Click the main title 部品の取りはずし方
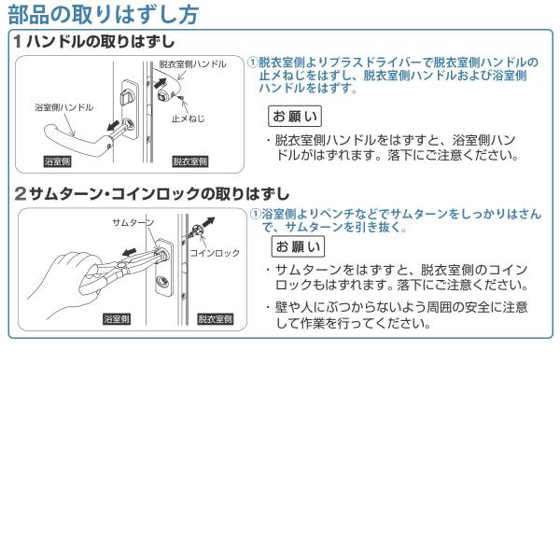point(103,15)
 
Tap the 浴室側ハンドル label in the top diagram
point(63,108)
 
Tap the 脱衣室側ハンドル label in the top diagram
point(192,64)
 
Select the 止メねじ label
point(189,119)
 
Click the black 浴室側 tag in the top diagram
point(59,161)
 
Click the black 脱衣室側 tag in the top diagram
point(190,161)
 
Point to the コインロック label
point(215,253)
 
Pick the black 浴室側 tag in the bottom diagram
point(116,319)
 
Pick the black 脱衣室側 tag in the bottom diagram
point(217,319)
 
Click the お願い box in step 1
point(295,117)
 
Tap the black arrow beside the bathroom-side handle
point(112,125)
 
